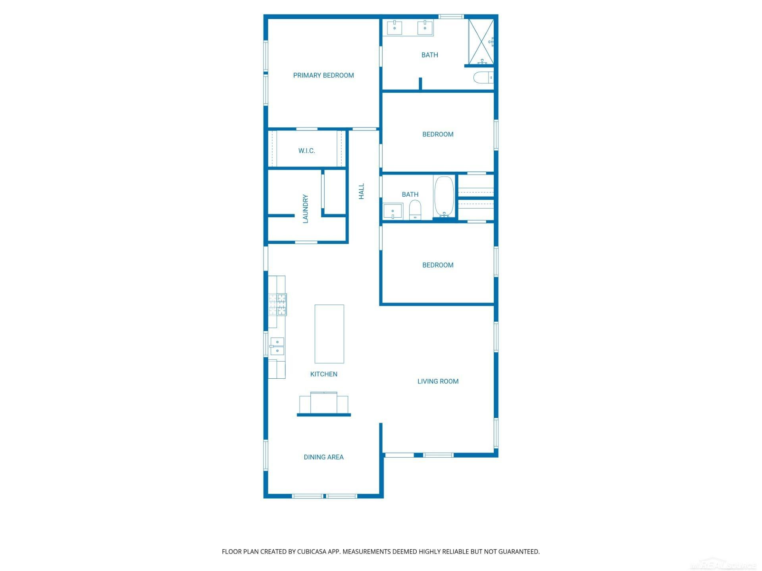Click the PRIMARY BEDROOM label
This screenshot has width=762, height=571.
click(x=323, y=75)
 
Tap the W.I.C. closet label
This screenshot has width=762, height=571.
click(x=307, y=151)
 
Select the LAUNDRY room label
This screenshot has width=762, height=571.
click(x=305, y=209)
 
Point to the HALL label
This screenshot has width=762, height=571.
click(x=361, y=191)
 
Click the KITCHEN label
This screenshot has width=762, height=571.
click(x=324, y=374)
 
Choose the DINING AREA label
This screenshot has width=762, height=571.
click(x=324, y=457)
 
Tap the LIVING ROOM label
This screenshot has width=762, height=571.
click(x=438, y=381)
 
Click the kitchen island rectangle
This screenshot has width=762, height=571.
click(x=329, y=334)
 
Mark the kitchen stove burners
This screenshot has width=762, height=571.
click(x=277, y=305)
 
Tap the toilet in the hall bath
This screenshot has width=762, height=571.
click(x=415, y=210)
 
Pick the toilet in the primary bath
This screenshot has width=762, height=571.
click(x=483, y=77)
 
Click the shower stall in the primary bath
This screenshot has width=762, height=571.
click(x=481, y=42)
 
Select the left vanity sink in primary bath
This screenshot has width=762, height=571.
click(x=394, y=28)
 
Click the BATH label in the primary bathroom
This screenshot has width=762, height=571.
click(x=430, y=55)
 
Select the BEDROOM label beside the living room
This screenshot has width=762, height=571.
click(x=438, y=265)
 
